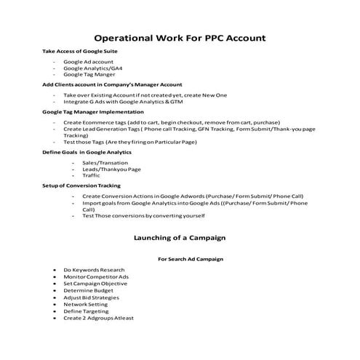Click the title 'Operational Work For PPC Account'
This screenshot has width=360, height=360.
(180, 37)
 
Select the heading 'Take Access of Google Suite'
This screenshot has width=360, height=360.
(80, 52)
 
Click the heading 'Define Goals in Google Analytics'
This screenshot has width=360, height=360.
(87, 153)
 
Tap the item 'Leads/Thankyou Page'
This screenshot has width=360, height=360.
(111, 169)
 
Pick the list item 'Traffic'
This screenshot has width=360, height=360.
(92, 175)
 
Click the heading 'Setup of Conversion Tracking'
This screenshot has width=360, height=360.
(81, 186)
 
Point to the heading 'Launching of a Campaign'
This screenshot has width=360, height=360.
(180, 237)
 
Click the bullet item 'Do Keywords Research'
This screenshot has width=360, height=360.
(94, 271)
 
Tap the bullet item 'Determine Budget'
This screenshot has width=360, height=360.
(89, 291)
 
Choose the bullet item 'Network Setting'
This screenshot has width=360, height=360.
(87, 305)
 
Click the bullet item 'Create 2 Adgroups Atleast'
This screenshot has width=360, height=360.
(98, 318)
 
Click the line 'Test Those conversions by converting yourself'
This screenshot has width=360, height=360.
(144, 216)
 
